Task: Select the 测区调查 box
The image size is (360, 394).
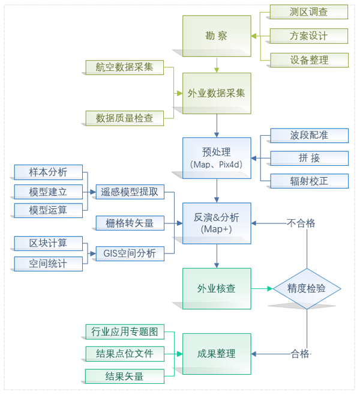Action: [308, 11]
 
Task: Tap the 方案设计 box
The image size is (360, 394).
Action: [308, 35]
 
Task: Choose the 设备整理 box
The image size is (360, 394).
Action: [308, 60]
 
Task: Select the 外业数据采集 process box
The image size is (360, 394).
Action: [216, 93]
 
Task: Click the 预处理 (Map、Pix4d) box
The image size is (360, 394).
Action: [216, 157]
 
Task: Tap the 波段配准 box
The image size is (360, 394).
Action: [308, 135]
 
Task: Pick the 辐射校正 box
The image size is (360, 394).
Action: [308, 180]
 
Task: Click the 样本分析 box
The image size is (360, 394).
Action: [48, 172]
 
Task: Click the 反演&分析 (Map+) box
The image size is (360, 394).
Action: [216, 223]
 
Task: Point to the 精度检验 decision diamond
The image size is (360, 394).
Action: [307, 288]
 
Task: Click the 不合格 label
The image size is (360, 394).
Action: [301, 223]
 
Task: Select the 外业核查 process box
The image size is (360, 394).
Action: [216, 288]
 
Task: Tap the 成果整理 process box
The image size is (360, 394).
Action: [216, 354]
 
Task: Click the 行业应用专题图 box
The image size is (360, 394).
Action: [124, 331]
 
